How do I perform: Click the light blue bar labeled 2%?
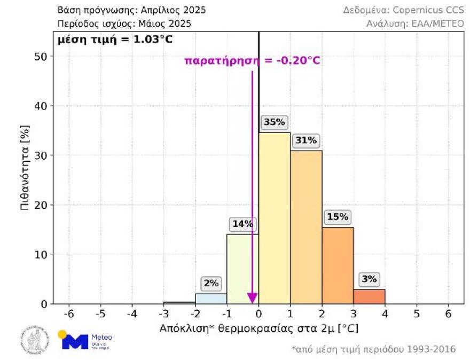pos(211,299)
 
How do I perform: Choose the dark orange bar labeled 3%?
pos(369,296)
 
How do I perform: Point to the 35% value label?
pos(274,122)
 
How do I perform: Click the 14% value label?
pos(242,224)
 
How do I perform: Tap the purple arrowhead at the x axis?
pos(252,298)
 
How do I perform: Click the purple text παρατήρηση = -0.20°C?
pos(252,60)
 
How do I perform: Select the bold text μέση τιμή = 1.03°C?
pos(115,40)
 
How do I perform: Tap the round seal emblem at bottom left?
pos(35,340)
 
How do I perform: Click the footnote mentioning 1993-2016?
pos(374,349)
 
